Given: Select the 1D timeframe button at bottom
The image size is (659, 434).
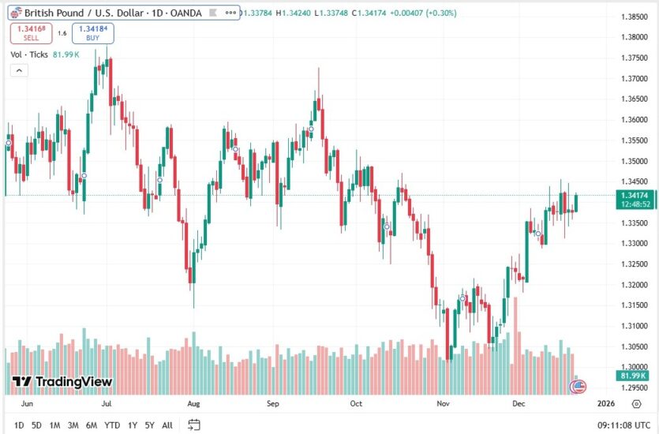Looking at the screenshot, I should pyautogui.click(x=19, y=425).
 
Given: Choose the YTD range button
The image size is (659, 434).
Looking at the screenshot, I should pyautogui.click(x=111, y=425).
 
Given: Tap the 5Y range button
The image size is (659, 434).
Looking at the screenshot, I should pyautogui.click(x=149, y=425).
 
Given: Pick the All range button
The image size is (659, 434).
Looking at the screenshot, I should pyautogui.click(x=167, y=425).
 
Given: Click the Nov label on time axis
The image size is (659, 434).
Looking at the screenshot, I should pyautogui.click(x=442, y=403).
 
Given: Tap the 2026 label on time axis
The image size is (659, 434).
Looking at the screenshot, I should pyautogui.click(x=605, y=403).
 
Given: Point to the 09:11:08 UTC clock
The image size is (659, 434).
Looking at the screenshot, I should pyautogui.click(x=623, y=425).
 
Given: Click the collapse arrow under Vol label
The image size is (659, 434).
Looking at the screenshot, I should pyautogui.click(x=19, y=70).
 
